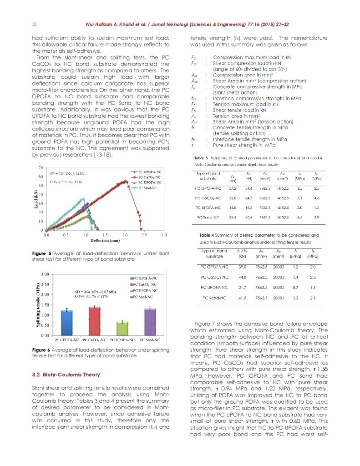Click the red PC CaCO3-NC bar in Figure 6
95,321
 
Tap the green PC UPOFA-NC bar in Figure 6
122,328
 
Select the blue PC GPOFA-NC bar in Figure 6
67,323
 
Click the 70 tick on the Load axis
41,168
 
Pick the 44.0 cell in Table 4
242,277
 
